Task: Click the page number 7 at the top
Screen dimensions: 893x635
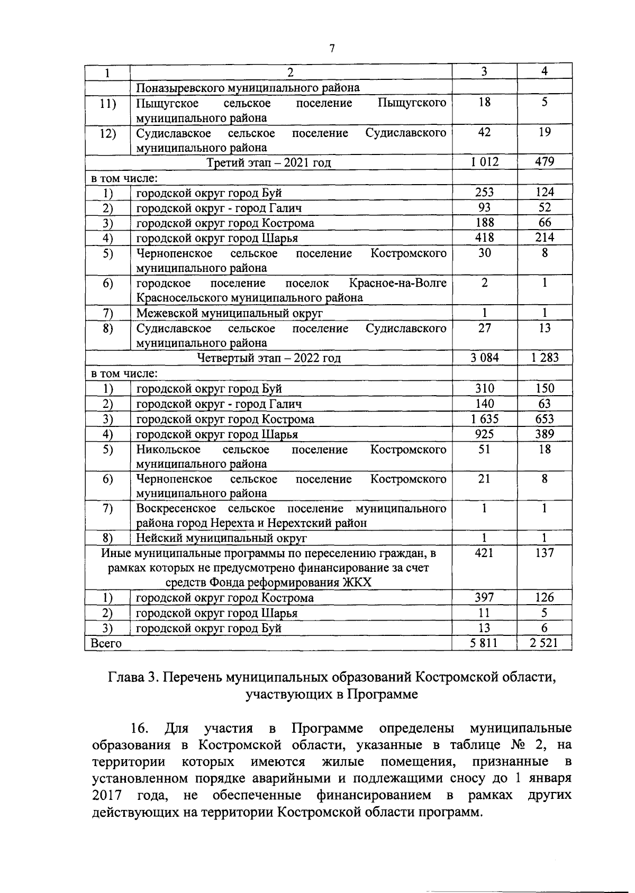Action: [x=332, y=49]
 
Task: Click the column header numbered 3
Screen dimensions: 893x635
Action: [x=484, y=72]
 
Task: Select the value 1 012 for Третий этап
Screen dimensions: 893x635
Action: [x=484, y=162]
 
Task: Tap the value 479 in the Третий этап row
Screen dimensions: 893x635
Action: [x=544, y=162]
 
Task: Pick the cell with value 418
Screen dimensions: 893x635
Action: [x=484, y=238]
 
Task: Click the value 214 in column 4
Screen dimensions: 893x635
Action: [x=544, y=238]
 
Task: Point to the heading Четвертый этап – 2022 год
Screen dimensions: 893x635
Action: [x=269, y=358]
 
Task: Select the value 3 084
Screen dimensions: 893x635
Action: [x=484, y=358]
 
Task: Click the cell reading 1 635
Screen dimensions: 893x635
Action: [x=484, y=419]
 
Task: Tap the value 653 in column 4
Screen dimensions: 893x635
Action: [x=544, y=419]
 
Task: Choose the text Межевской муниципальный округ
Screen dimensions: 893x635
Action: [x=229, y=313]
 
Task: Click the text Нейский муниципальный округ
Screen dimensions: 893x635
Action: [x=222, y=539]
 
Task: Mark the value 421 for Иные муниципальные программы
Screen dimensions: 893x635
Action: [x=484, y=553]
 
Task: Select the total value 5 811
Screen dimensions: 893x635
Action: [x=484, y=643]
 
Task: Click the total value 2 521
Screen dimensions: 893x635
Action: [x=544, y=643]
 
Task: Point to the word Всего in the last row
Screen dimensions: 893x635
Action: [x=106, y=644]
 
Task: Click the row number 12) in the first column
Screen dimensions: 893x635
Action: [x=108, y=133]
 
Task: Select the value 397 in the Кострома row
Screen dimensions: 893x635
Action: [x=484, y=598]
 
